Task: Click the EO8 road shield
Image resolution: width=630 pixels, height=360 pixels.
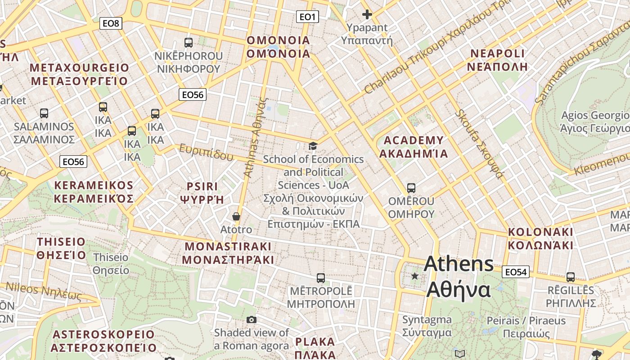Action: pos(111,23)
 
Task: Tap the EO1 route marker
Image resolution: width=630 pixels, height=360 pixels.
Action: pos(307,17)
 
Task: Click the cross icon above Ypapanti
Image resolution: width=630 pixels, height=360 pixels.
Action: pos(367,14)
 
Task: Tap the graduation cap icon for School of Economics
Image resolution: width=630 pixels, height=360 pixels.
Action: pos(313,146)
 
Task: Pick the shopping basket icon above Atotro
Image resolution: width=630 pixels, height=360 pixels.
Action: pos(236,217)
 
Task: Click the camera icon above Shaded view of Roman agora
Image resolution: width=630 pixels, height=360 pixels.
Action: pos(252,319)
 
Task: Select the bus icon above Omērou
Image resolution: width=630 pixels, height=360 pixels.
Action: pos(411,188)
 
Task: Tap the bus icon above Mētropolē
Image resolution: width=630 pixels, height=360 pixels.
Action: pos(320,278)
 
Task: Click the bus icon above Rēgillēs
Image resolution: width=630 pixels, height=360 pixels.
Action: pos(571,277)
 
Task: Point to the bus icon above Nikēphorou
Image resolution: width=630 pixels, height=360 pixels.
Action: pos(189,43)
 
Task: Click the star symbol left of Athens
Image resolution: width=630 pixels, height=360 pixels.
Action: pos(414,276)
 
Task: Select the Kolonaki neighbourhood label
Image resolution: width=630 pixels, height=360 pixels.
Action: pos(540,238)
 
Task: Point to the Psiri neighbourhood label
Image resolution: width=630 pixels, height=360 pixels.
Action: pos(202,193)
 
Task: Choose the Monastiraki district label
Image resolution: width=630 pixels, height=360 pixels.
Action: pos(228,253)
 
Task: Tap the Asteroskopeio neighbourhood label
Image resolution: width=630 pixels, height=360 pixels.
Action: pos(103,341)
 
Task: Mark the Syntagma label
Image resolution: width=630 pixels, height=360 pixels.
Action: pos(427,326)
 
